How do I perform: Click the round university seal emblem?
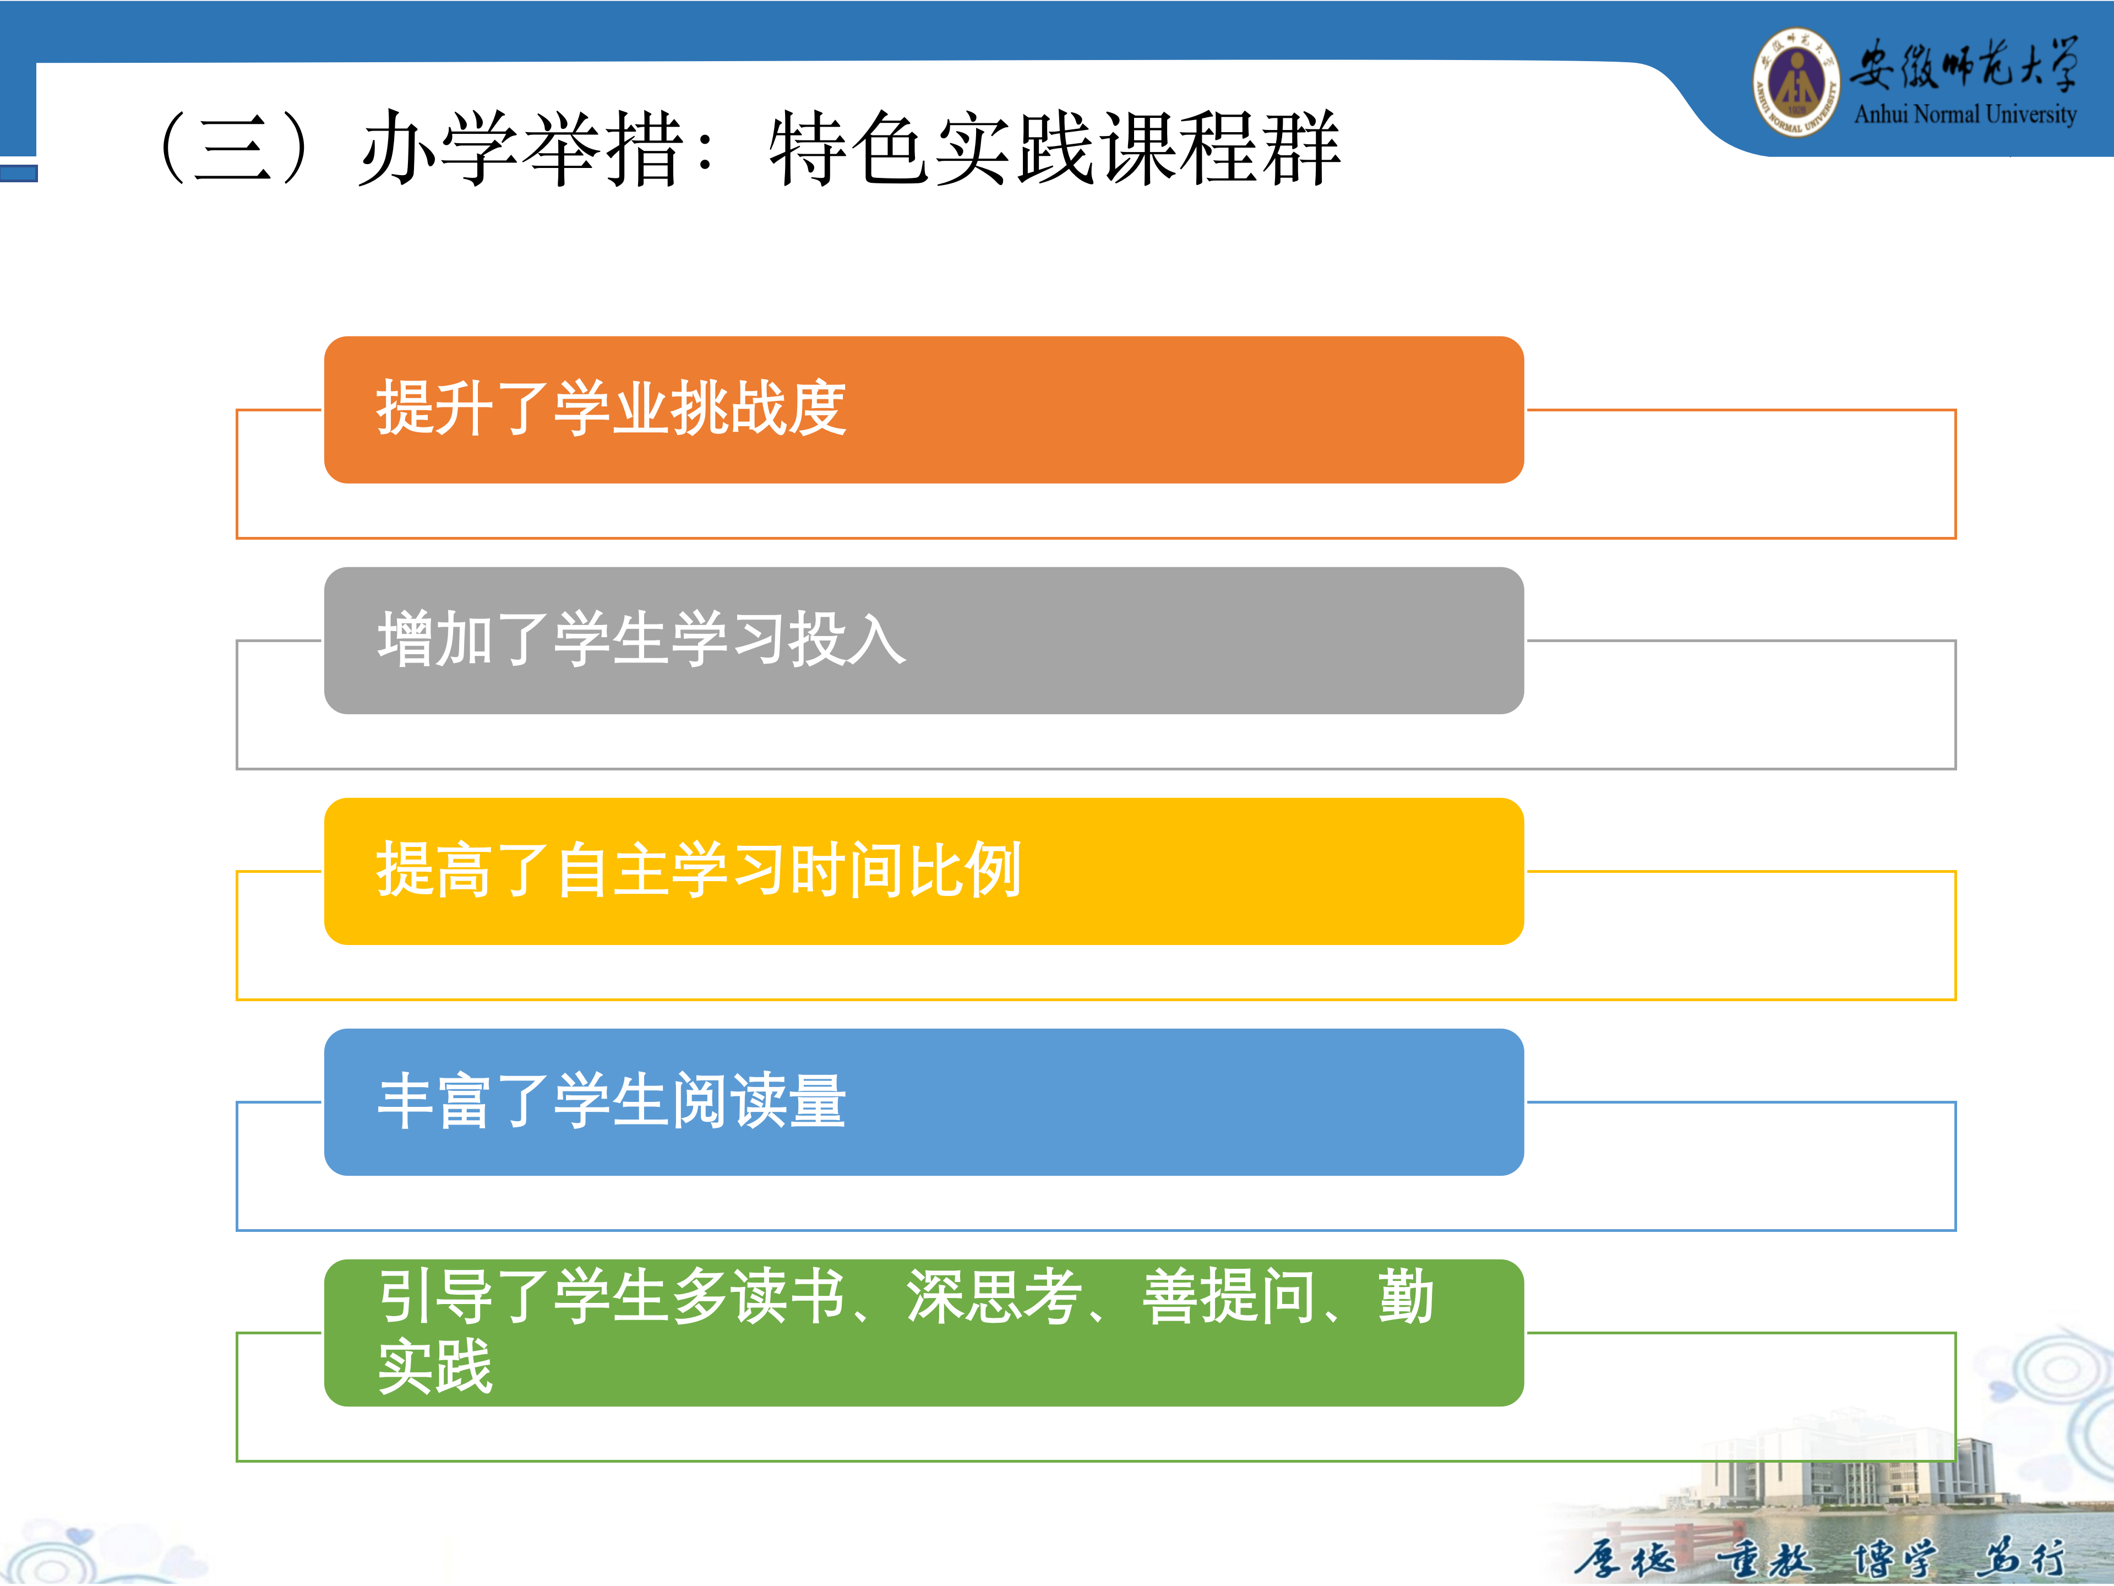point(1796,82)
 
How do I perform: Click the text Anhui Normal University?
point(1965,115)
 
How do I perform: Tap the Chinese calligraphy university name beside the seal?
point(1963,64)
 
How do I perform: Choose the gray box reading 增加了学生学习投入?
point(923,640)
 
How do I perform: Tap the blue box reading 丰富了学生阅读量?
point(923,1102)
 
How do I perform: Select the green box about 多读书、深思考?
point(923,1333)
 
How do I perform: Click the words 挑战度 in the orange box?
point(759,408)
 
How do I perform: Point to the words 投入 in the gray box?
point(847,639)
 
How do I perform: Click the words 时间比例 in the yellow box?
point(906,870)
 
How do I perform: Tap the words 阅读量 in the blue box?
point(759,1100)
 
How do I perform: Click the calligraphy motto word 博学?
point(1894,1558)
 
